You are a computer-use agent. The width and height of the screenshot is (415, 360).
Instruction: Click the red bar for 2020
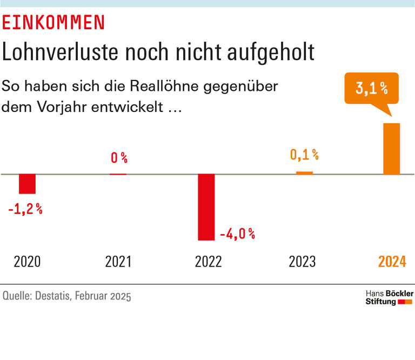pos(27,184)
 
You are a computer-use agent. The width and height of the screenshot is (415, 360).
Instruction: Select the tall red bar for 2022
pos(206,207)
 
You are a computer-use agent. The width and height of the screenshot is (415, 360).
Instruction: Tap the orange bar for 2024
pos(392,149)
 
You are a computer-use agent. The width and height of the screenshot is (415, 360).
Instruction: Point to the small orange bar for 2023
pos(304,173)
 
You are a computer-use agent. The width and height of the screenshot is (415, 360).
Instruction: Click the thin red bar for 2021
pos(118,174)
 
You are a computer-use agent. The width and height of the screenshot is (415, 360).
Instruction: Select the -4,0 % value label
pos(237,234)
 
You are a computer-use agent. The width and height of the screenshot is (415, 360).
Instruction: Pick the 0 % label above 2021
pos(119,158)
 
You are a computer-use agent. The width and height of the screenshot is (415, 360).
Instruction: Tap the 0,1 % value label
pos(304,155)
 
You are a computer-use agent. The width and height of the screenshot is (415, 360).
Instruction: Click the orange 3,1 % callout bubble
pos(372,89)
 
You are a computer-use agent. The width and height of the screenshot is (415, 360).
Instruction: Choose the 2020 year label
pos(27,262)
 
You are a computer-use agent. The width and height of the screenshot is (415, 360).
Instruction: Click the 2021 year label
pos(118,262)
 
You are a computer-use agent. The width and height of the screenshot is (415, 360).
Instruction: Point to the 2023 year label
pos(302,262)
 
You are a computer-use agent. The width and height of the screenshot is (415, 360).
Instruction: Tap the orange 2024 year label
pos(392,262)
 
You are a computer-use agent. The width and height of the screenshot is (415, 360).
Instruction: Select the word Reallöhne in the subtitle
pos(169,86)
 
